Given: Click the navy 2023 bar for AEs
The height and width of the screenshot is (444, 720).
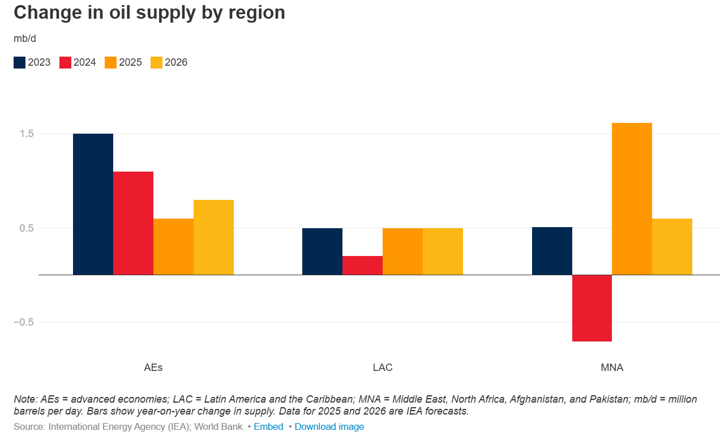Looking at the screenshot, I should tap(93, 204).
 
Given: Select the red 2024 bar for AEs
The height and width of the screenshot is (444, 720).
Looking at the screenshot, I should tap(133, 223).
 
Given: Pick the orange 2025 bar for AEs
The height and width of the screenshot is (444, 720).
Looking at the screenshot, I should tap(173, 246).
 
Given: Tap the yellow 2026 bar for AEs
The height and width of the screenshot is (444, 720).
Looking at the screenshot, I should tap(213, 237).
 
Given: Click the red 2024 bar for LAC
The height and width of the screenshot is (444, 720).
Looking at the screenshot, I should tap(362, 265).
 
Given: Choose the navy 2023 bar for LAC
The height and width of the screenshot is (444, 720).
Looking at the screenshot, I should tap(322, 251).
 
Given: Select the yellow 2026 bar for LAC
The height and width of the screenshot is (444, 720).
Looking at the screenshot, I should tap(443, 251).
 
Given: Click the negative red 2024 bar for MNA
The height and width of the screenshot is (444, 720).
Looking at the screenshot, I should tap(592, 308).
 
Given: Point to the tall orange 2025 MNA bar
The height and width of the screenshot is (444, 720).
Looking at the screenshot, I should tap(632, 199).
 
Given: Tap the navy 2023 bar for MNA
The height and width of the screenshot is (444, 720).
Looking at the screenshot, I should tap(552, 251).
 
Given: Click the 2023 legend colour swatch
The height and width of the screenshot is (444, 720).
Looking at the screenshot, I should tap(19, 63).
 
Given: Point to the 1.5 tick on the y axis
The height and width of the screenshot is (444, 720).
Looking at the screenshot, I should tap(27, 134).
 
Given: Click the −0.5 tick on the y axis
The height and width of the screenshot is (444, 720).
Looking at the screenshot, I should tap(24, 322).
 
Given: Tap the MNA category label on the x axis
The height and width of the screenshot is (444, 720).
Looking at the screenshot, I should tap(612, 368).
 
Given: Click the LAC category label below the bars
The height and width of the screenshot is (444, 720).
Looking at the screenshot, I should tap(382, 368).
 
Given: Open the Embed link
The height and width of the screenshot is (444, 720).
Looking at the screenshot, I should tap(268, 426).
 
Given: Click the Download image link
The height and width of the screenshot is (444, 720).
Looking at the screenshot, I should tap(329, 426).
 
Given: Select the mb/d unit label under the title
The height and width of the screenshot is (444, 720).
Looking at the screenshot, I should tap(25, 39).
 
